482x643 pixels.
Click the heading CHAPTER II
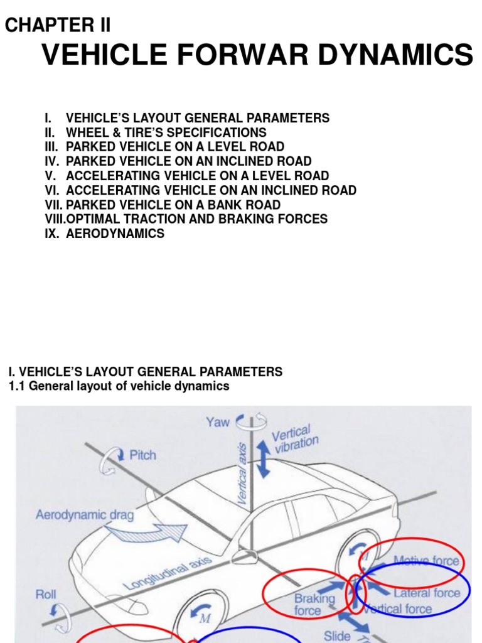point(58,25)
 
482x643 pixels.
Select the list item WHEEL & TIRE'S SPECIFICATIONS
point(166,132)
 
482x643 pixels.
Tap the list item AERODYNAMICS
point(115,234)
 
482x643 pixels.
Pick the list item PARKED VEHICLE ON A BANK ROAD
point(173,205)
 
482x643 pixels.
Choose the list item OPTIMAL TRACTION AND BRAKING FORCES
point(196,219)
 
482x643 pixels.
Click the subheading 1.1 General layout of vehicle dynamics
point(119,386)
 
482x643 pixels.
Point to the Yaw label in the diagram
point(218,422)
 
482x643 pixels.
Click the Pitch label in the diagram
point(142,455)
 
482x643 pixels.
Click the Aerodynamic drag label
point(85,516)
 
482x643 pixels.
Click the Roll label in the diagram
point(46,594)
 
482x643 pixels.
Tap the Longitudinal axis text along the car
point(168,573)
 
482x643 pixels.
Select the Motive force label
point(426,561)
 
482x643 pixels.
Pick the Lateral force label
point(427,593)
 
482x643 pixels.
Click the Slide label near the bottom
point(337,635)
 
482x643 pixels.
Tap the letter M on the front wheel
point(204,619)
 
